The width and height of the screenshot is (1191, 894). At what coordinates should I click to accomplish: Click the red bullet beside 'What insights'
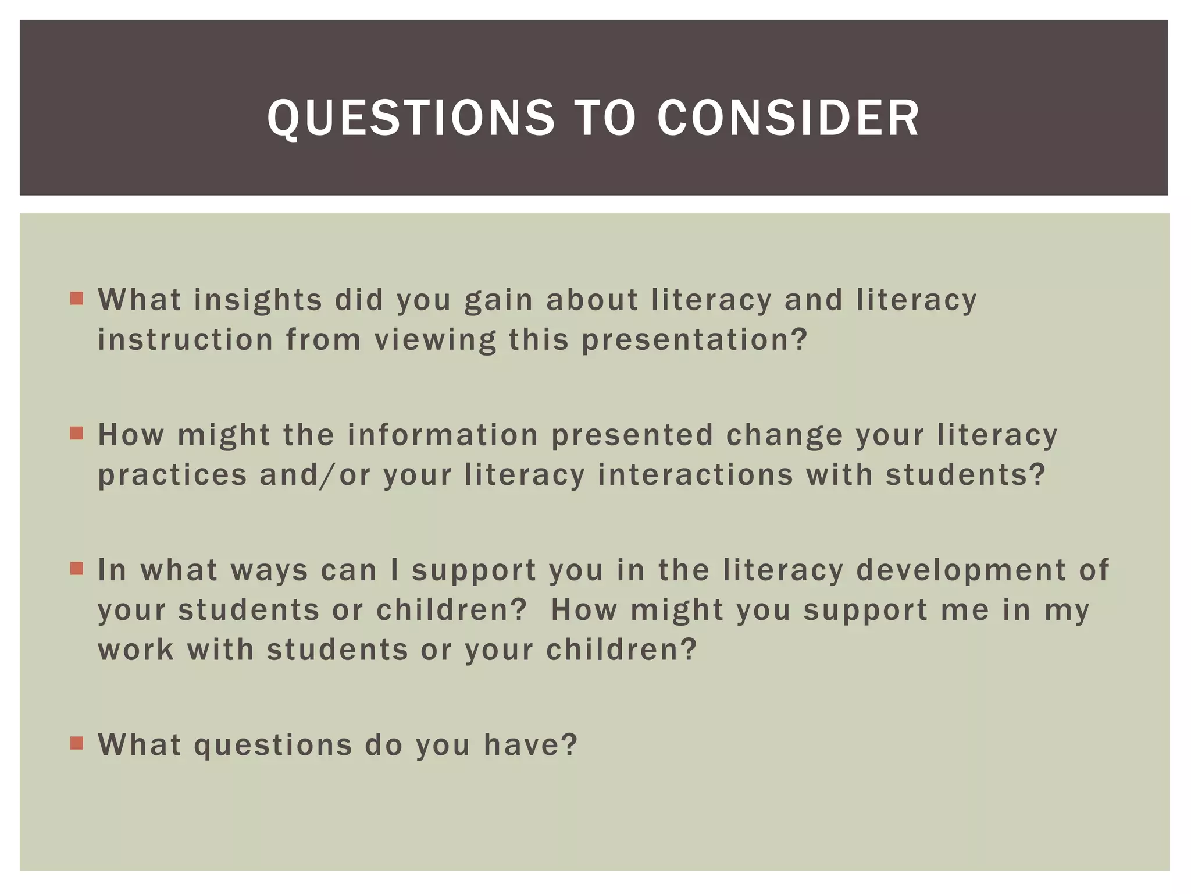(x=77, y=299)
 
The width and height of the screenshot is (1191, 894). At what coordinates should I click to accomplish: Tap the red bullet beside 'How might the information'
(x=77, y=434)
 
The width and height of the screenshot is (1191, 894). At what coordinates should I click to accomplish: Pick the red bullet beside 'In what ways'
(x=77, y=568)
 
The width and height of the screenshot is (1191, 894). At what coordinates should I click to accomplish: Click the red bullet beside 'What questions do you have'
(x=77, y=743)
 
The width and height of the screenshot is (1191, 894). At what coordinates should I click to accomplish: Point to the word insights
(x=258, y=300)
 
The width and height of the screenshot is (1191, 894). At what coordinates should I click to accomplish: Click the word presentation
(x=694, y=340)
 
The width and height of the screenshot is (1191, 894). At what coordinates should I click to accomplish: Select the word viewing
(x=435, y=340)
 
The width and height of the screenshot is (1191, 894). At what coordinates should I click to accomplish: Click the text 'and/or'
(x=315, y=475)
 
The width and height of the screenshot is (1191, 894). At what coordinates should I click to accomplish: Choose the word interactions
(x=696, y=475)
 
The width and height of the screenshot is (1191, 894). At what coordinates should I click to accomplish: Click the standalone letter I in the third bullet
(x=395, y=570)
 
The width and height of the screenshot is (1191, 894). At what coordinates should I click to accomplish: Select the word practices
(x=172, y=475)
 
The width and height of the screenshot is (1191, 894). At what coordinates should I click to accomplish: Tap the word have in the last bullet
(x=530, y=745)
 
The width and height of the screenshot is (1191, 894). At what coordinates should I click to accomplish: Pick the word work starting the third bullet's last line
(x=135, y=650)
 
